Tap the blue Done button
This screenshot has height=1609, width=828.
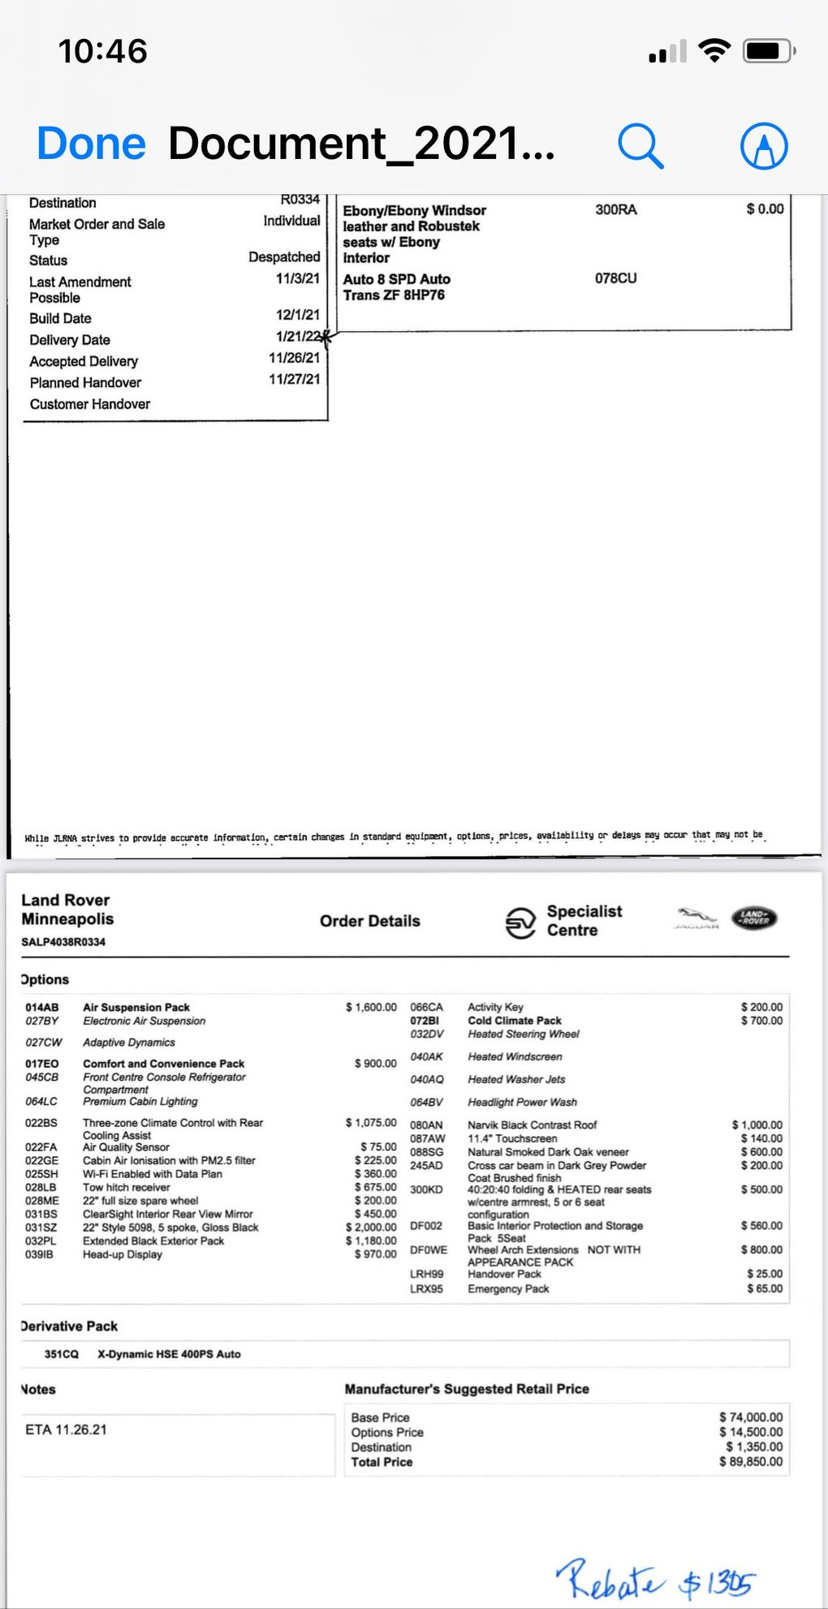pos(91,144)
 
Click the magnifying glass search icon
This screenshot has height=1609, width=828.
pos(640,146)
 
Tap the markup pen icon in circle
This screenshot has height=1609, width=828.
pos(764,146)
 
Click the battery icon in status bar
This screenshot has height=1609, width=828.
pos(768,52)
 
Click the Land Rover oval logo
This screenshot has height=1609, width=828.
pos(754,918)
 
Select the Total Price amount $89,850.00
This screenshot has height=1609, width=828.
pos(751,1461)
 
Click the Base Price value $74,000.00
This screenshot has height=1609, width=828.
pos(751,1417)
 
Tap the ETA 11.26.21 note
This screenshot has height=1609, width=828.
pos(66,1430)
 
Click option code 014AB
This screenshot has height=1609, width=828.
pos(42,1007)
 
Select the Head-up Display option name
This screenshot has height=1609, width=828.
pos(123,1254)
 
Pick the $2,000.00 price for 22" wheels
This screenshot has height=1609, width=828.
pos(371,1227)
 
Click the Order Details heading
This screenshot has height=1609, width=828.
pos(369,921)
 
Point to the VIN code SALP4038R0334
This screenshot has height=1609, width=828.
pos(63,942)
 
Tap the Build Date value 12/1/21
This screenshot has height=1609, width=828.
pos(297,315)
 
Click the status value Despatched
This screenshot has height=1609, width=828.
pos(284,257)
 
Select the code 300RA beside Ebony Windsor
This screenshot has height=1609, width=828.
pos(615,209)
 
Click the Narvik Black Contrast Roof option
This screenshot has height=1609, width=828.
pos(532,1125)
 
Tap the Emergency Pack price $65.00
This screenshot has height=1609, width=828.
pos(765,1288)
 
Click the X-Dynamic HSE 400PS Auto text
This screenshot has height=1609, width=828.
pos(169,1354)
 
